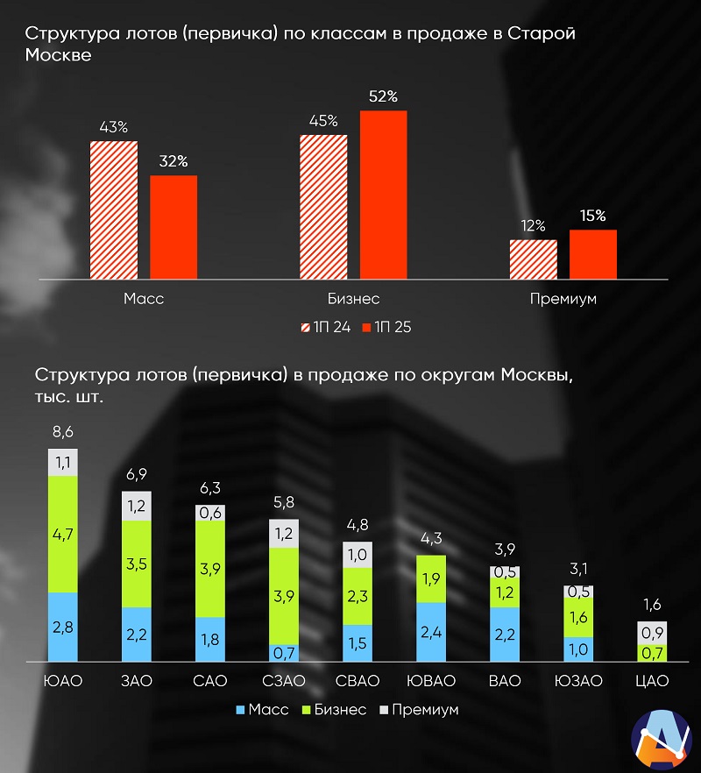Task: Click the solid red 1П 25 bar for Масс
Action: (173, 227)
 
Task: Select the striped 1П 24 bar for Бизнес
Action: (323, 207)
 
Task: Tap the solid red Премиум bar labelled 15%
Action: (593, 254)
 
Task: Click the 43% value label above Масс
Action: (113, 128)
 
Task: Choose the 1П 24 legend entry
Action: (325, 327)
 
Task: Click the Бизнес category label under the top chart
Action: (353, 298)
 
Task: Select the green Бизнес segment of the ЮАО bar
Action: (63, 534)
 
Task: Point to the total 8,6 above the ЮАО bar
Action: (63, 433)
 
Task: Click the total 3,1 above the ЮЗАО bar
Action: (578, 571)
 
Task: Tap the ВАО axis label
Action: (506, 681)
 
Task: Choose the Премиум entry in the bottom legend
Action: (419, 709)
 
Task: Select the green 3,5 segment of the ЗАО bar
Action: (137, 564)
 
